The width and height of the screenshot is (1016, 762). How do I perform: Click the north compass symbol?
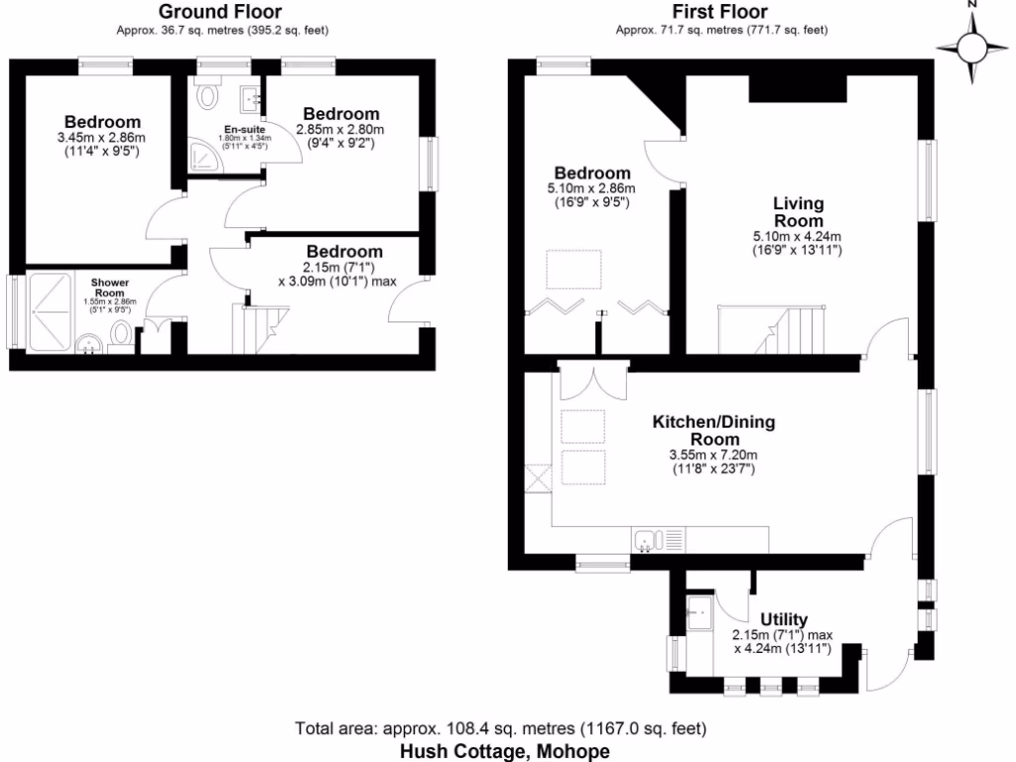(x=973, y=46)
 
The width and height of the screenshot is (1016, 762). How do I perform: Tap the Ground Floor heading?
(x=215, y=12)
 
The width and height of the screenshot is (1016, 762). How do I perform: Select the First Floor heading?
(x=720, y=12)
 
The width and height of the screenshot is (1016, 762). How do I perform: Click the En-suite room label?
(x=244, y=131)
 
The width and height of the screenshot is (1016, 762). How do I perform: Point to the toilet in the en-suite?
(x=208, y=95)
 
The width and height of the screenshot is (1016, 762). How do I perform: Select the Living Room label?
(x=798, y=211)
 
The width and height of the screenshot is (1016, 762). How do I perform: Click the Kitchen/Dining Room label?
(x=712, y=431)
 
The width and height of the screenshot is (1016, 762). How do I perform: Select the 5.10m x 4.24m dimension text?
(x=798, y=237)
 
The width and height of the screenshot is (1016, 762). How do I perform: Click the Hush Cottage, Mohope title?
(x=505, y=751)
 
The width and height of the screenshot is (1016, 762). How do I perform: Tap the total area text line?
(x=501, y=729)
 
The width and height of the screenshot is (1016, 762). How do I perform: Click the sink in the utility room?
(x=698, y=612)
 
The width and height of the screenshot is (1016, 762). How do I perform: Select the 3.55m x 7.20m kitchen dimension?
(x=712, y=455)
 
